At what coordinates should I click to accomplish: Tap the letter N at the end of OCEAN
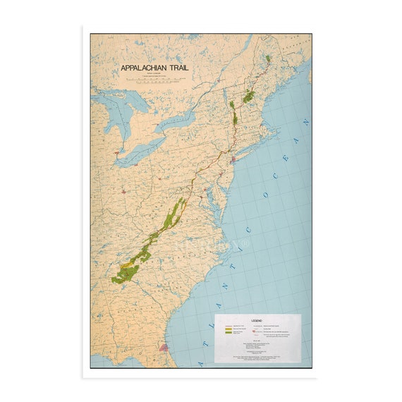pyautogui.click(x=306, y=123)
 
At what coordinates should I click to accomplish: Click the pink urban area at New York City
pyautogui.click(x=233, y=160)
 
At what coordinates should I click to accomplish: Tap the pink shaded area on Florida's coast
pyautogui.click(x=164, y=346)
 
